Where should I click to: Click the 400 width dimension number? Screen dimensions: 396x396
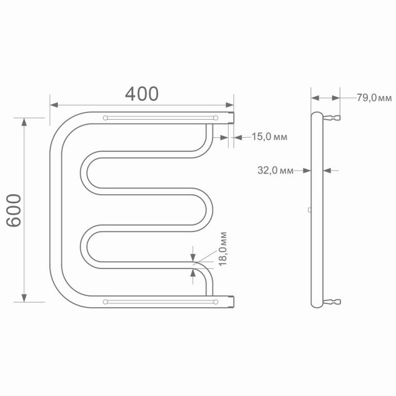[142, 93]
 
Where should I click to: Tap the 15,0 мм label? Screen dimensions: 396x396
[269, 137]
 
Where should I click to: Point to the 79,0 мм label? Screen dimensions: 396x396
[373, 98]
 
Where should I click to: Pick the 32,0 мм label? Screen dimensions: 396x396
[276, 170]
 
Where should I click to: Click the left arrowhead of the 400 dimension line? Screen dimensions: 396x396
[54, 105]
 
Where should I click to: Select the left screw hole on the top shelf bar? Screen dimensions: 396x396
[105, 118]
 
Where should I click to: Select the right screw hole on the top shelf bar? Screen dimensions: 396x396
[216, 118]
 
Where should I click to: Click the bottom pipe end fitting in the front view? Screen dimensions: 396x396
[231, 302]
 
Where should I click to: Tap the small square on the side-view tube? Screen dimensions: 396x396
[309, 210]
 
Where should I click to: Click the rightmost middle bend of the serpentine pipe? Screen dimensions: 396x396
[210, 210]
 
